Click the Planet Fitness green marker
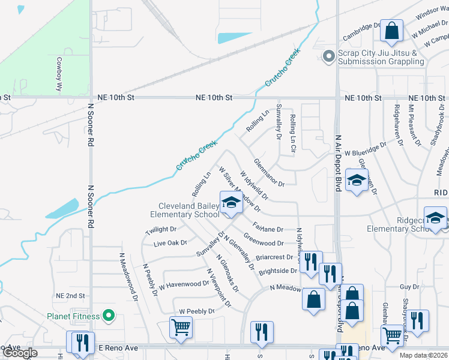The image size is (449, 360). (109, 315)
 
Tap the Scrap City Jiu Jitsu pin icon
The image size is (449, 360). (328, 57)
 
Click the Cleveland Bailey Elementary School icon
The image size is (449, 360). (230, 203)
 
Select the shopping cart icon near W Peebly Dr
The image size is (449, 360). (181, 328)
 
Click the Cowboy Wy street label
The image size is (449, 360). (59, 73)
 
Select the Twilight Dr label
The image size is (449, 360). (161, 229)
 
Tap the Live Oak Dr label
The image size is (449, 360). (170, 244)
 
